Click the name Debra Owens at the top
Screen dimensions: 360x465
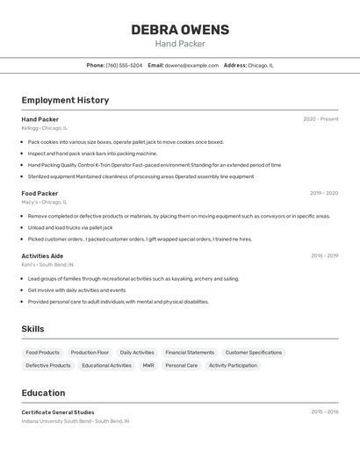(180, 30)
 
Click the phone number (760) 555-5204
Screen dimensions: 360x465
(124, 65)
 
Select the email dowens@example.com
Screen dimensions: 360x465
(191, 65)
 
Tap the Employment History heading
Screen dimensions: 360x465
(65, 100)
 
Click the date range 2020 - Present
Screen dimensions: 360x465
(320, 119)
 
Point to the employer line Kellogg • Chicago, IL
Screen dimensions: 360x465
(44, 128)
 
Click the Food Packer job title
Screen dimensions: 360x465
(40, 193)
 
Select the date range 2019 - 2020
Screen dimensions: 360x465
(324, 193)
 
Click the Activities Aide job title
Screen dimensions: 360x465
(42, 256)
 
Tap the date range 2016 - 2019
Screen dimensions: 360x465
(324, 256)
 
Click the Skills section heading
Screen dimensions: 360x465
(32, 329)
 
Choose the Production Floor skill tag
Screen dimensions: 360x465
(90, 353)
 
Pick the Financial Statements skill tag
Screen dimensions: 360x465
(190, 353)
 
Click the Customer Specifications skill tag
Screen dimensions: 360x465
(254, 353)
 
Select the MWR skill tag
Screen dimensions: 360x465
(148, 365)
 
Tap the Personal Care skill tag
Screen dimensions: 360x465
(182, 365)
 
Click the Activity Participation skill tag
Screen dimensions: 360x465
(233, 365)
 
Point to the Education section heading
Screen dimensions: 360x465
(43, 393)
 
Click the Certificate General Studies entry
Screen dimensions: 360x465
(58, 412)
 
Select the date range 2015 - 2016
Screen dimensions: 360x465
(324, 412)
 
